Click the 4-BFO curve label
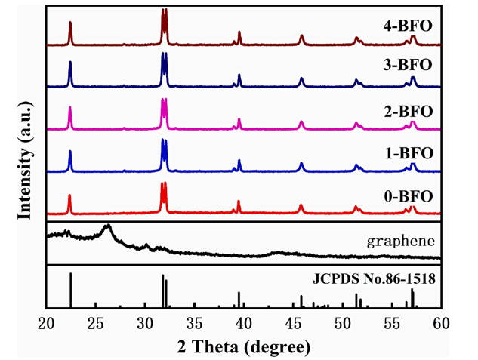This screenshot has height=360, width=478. pos(408,25)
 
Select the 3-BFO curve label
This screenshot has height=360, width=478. pos(408,64)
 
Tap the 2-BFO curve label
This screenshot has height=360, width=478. pos(408,112)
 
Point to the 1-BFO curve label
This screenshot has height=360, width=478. pos(408,153)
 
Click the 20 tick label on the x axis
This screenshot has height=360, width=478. pos(47,325)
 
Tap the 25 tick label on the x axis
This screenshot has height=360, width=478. pos(96,325)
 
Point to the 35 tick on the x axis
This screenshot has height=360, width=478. pos(194,325)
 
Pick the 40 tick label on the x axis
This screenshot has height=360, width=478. pos(244,325)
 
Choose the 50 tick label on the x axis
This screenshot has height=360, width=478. pos(342,325)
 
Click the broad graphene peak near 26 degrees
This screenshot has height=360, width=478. pos(107,226)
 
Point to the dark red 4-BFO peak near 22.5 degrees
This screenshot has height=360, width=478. pos(70,23)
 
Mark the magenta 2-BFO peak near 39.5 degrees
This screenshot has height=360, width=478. pos(239,120)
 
